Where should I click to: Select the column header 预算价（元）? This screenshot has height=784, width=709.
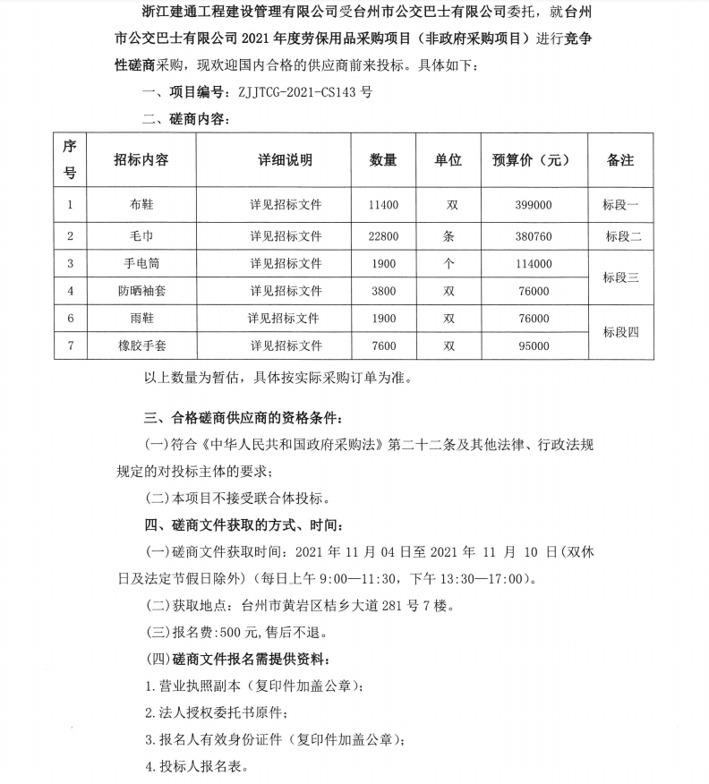[x=531, y=160]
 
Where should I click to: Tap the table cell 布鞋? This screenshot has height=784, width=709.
[x=141, y=205]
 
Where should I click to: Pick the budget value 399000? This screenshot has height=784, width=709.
[x=534, y=205]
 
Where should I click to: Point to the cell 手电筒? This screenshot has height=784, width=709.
[x=141, y=264]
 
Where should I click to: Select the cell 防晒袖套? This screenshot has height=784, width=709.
[x=141, y=291]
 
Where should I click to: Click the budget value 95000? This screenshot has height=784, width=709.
[x=534, y=345]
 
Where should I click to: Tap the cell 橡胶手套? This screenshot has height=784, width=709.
[x=141, y=345]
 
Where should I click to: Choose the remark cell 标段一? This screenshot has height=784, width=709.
[x=620, y=205]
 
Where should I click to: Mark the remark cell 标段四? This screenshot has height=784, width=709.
[x=620, y=332]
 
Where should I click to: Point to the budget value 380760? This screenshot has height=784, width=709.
[x=534, y=236]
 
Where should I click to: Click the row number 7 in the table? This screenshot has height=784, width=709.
[x=70, y=345]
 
